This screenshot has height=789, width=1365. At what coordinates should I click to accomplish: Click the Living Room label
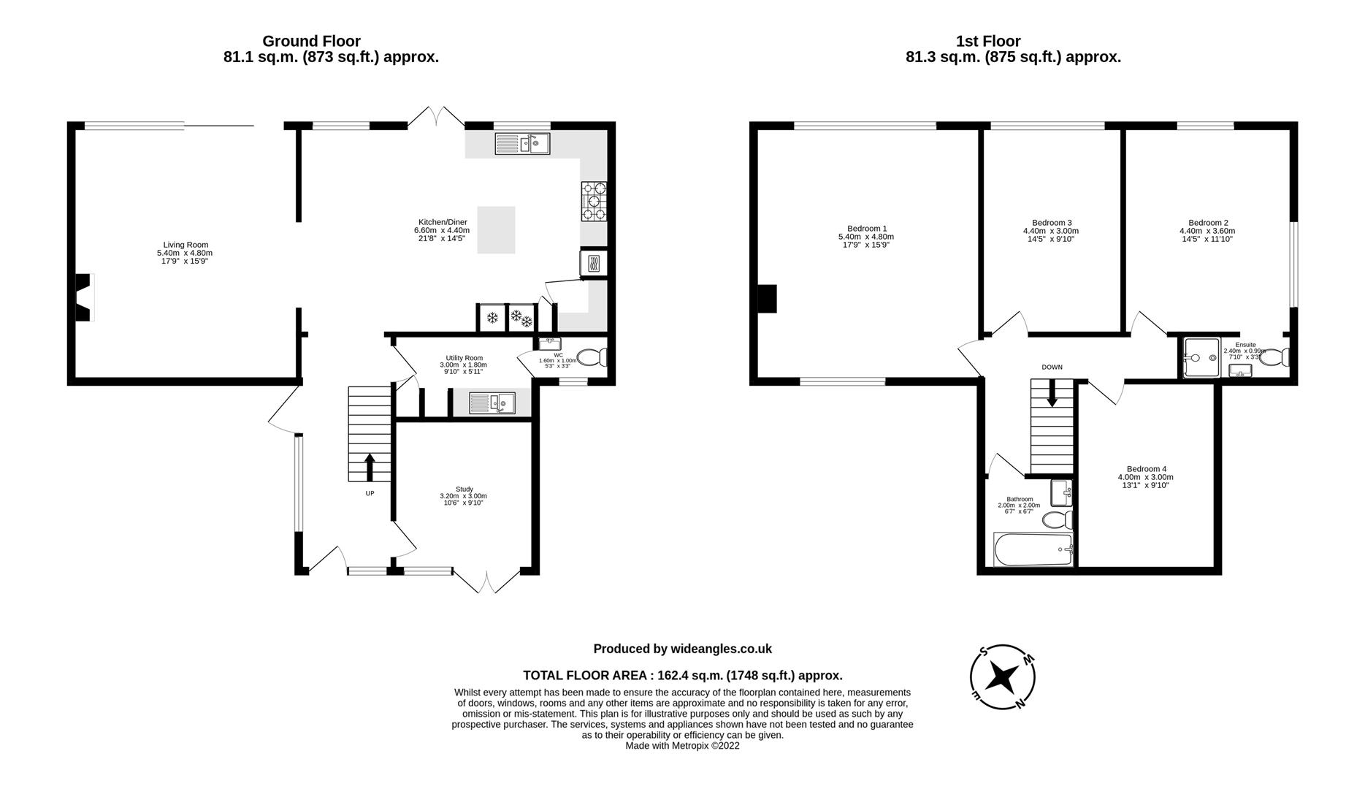tap(186, 245)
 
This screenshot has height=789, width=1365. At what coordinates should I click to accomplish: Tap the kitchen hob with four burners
tap(594, 201)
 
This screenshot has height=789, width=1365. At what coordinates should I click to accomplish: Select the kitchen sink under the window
tap(522, 143)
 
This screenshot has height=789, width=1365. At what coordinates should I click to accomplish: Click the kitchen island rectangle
tap(496, 230)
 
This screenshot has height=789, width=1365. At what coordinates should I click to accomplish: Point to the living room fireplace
tap(84, 297)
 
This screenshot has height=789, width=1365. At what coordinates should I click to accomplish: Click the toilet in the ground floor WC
tap(592, 358)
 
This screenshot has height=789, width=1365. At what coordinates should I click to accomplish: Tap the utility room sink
tap(492, 403)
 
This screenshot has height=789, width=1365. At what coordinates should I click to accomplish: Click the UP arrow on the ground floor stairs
tap(370, 467)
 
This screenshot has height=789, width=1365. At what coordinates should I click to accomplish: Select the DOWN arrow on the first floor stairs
tap(1052, 394)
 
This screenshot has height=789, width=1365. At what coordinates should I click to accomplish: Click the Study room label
tap(464, 489)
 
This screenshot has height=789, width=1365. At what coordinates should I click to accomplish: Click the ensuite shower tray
tap(1201, 358)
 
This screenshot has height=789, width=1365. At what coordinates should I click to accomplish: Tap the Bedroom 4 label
tap(1146, 469)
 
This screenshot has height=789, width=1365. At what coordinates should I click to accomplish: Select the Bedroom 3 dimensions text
tap(1052, 235)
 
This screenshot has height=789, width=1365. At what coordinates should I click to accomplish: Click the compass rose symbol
tap(1002, 677)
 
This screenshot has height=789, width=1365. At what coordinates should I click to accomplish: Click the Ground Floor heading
tap(311, 41)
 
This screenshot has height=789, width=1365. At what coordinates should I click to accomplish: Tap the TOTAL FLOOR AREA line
tap(682, 676)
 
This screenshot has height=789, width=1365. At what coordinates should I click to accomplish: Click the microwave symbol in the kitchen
tap(592, 263)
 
